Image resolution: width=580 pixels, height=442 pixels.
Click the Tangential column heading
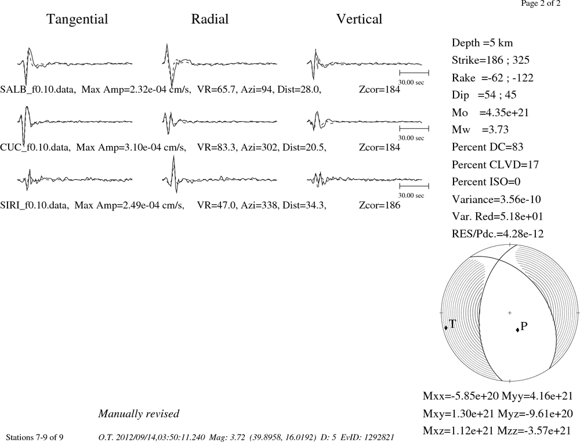click(x=77, y=19)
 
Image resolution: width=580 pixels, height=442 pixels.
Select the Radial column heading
click(x=210, y=19)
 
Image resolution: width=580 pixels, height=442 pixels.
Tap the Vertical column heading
click(x=359, y=19)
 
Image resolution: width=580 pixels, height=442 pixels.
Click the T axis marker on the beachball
click(x=445, y=328)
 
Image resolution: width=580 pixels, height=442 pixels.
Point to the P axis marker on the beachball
click(x=517, y=330)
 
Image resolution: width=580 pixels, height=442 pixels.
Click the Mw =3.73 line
click(x=480, y=130)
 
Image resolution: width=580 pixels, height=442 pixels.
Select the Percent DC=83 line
click(x=488, y=147)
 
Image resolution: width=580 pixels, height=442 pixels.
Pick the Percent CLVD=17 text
click(x=495, y=165)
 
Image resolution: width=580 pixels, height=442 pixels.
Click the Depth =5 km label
click(x=483, y=43)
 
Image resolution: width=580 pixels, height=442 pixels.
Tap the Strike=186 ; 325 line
click(x=491, y=60)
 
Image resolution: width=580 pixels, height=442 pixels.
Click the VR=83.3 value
click(x=216, y=147)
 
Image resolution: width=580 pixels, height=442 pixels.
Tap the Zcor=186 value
click(x=379, y=205)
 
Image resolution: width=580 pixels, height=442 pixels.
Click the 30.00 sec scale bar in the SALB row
click(x=414, y=73)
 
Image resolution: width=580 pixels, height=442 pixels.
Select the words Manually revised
click(x=139, y=414)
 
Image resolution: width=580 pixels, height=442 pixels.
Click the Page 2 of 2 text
click(x=541, y=3)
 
